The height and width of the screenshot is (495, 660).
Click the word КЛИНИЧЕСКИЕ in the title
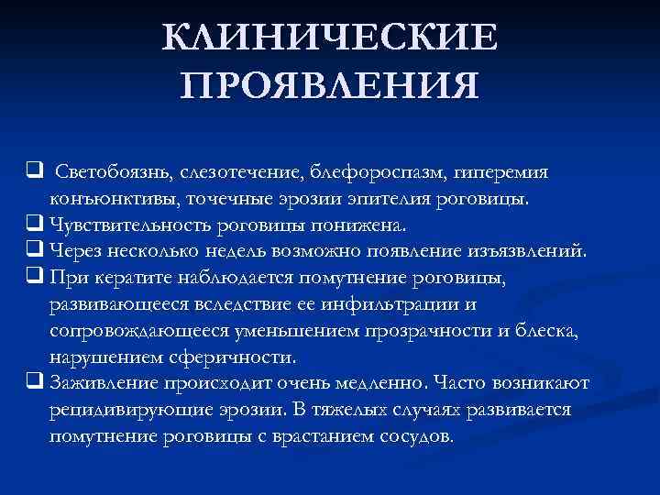[330, 38]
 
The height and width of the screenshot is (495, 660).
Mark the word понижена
[364, 224]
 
